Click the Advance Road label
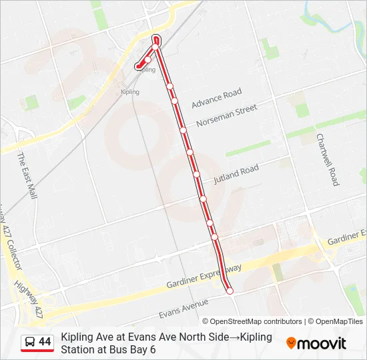216,99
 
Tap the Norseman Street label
226,115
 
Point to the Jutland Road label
236,175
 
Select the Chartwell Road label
328,159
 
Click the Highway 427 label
29,301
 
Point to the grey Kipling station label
130,92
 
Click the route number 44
45,342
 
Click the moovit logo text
322,343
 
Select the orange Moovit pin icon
291,343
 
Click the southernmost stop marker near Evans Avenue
230,291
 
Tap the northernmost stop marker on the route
156,39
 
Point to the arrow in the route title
234,337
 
